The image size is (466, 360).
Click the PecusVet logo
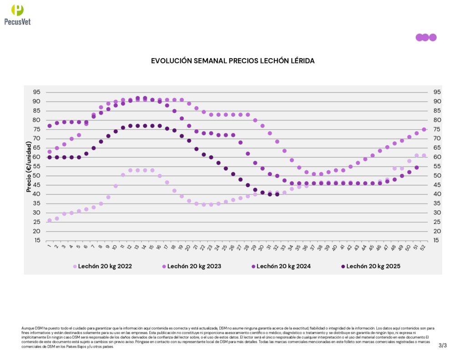[x=17, y=14]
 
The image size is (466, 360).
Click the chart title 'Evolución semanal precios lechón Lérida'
[x=233, y=61]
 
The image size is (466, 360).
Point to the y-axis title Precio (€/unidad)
[x=29, y=166]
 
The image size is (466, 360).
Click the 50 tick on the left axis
[x=36, y=176]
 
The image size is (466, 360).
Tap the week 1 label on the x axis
[x=49, y=248]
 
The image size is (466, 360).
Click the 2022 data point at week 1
[x=50, y=220]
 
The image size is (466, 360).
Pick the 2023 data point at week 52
[x=424, y=129]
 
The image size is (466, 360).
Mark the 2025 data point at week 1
[x=50, y=157]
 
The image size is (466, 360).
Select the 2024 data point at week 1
[x=50, y=126]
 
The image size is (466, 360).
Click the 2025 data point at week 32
[x=277, y=194]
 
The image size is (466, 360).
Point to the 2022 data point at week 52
[x=424, y=155]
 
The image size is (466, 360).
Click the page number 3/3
[x=443, y=345]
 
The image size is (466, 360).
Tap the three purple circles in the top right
[x=426, y=37]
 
